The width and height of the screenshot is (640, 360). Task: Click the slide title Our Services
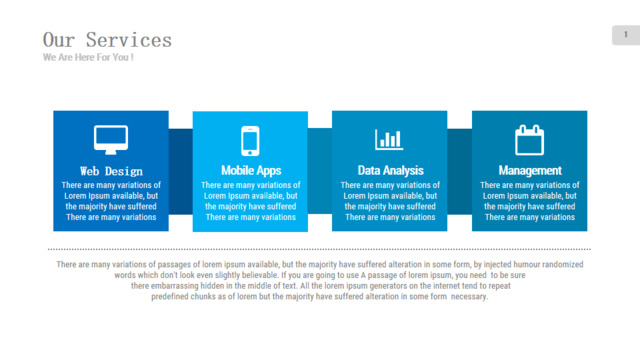[x=107, y=40]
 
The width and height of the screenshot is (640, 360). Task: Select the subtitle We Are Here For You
[x=88, y=57]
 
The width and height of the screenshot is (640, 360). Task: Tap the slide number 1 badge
[x=626, y=35]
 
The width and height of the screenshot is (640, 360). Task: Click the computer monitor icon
[x=111, y=140]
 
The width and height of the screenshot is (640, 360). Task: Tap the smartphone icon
[x=250, y=141]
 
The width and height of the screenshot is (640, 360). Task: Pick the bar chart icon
[x=389, y=140]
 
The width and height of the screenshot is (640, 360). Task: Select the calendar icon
[x=529, y=140]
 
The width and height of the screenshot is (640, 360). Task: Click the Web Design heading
[x=111, y=171]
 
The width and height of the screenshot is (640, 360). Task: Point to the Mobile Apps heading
[x=251, y=170]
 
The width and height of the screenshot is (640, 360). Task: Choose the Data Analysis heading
[x=391, y=170]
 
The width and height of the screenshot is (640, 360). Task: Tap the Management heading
[x=530, y=170]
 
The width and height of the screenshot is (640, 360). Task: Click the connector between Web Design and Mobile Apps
[x=180, y=171]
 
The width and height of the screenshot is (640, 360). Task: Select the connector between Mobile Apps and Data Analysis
[x=320, y=171]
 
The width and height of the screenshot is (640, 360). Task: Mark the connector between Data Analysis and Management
[x=460, y=171]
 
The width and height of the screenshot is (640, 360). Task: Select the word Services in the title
[x=129, y=40]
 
